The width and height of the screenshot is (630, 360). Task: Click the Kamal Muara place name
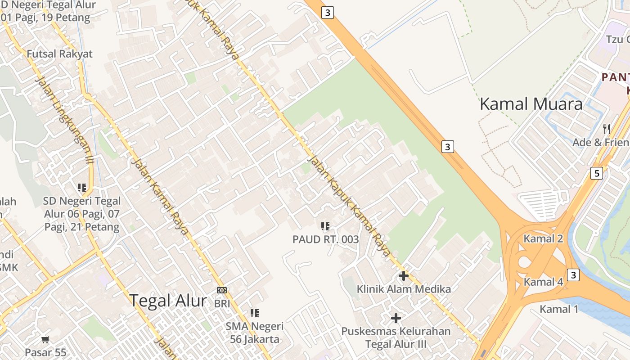(531, 104)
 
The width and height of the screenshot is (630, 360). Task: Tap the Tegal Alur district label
(168, 301)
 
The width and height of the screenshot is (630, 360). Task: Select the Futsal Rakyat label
(59, 54)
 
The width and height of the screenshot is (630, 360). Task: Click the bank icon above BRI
(222, 290)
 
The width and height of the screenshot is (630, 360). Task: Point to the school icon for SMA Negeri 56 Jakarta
(255, 313)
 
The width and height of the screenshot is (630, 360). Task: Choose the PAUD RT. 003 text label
(325, 239)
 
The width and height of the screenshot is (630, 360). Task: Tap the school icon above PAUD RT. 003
(325, 226)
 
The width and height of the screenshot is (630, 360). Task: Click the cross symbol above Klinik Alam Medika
(404, 275)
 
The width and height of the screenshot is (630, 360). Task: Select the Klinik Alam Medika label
(404, 289)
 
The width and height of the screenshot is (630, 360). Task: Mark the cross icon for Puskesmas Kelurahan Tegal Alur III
(396, 318)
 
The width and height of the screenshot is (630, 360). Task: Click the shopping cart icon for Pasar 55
(45, 339)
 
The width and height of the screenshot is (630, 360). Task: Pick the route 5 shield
(596, 173)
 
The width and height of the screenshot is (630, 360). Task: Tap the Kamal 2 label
(543, 239)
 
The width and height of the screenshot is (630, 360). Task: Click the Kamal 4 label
(543, 282)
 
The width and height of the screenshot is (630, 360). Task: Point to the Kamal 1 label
(559, 309)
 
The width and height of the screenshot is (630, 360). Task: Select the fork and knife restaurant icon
(607, 129)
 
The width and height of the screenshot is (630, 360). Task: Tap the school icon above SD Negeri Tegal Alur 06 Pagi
(82, 187)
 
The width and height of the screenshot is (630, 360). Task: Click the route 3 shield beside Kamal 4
(573, 274)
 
